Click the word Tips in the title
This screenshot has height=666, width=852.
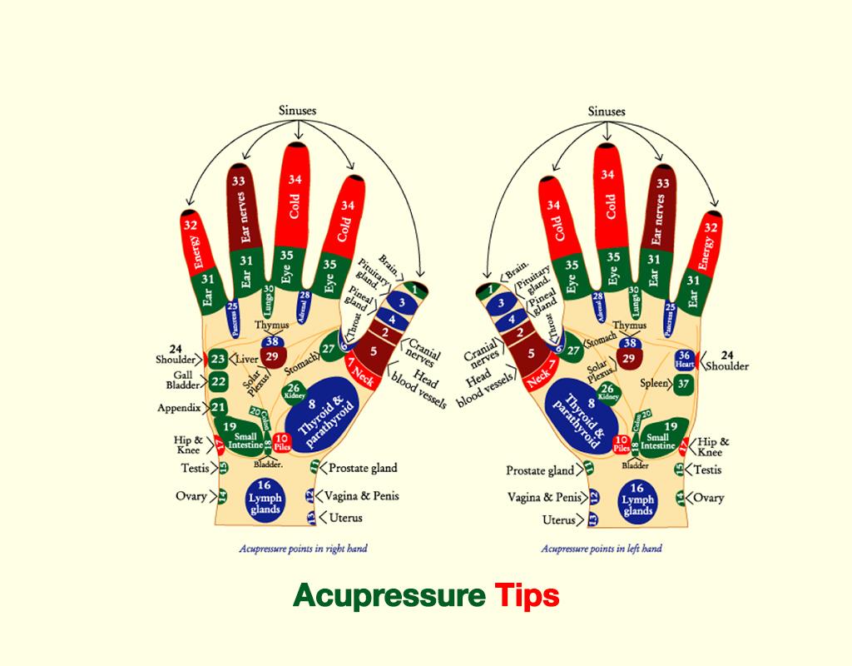click(527, 596)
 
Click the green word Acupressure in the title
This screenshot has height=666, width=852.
click(389, 596)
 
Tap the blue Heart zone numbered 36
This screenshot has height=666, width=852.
click(685, 359)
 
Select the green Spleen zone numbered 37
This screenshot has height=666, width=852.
click(684, 384)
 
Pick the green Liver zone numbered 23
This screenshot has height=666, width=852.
click(218, 359)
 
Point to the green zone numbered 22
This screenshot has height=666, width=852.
click(218, 382)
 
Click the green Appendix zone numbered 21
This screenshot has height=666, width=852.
click(218, 407)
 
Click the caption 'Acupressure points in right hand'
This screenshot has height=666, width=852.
click(303, 549)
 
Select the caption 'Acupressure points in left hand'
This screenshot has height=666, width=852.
click(602, 549)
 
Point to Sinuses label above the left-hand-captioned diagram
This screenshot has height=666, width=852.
click(607, 111)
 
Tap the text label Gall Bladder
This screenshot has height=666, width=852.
click(181, 380)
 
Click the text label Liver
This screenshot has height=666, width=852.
click(247, 360)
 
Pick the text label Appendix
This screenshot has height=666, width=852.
click(179, 408)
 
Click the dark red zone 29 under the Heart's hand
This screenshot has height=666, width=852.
click(629, 359)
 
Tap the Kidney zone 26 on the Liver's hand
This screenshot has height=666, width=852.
click(294, 390)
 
